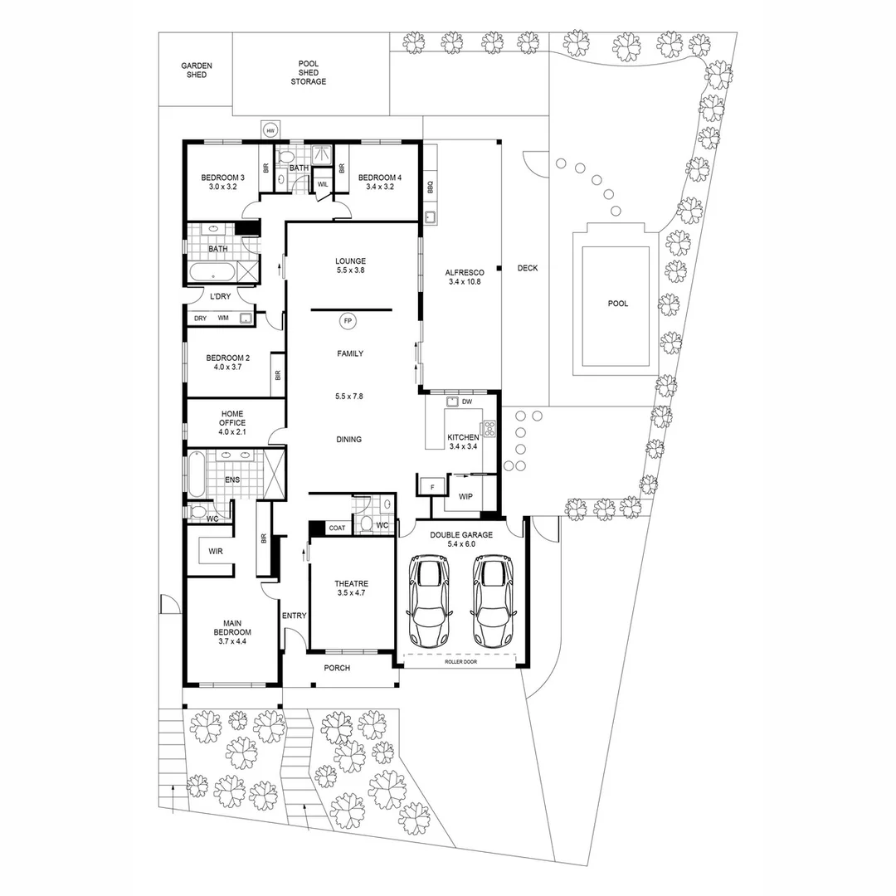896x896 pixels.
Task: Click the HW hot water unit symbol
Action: [x=270, y=130]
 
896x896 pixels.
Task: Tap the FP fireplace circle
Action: [x=348, y=322]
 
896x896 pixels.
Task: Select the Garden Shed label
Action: [x=197, y=71]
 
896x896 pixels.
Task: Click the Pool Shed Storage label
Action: [x=309, y=72]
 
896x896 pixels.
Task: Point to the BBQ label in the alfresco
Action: [x=431, y=187]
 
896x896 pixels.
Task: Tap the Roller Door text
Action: [x=460, y=662]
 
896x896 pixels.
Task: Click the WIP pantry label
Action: [x=465, y=497]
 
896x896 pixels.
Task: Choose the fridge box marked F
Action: [x=432, y=487]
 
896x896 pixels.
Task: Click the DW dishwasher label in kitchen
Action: [x=467, y=402]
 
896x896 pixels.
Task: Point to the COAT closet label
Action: [x=337, y=528]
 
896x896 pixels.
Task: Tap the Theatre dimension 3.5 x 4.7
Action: [x=352, y=593]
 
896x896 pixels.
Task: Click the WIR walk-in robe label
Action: [x=216, y=552]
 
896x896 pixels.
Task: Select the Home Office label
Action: [x=232, y=418]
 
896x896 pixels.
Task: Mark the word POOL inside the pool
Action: [x=618, y=304]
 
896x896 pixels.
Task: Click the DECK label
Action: [x=528, y=268]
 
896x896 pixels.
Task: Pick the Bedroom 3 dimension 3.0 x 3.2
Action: [x=223, y=187]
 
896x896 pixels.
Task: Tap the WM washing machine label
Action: [x=223, y=318]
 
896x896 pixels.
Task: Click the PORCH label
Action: [x=337, y=668]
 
